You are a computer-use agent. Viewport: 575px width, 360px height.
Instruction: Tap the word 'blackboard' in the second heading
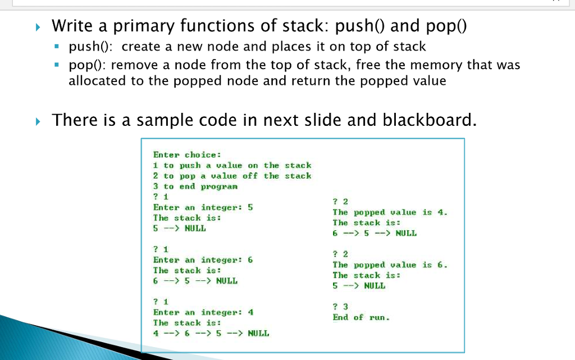click(x=428, y=120)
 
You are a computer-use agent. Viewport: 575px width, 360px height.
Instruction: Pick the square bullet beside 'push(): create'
click(x=57, y=47)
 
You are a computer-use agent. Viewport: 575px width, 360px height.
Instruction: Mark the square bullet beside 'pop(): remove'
click(x=57, y=65)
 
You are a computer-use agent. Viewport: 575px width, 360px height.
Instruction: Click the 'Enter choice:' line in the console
click(x=187, y=154)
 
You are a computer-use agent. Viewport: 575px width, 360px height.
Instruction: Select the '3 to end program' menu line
click(x=195, y=186)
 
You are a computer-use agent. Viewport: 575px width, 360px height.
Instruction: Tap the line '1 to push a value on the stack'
click(x=232, y=165)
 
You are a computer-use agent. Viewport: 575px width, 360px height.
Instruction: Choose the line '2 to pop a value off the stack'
click(x=232, y=176)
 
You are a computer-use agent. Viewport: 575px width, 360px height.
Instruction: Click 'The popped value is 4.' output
click(x=390, y=212)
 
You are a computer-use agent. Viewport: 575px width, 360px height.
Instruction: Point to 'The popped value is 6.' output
click(x=390, y=265)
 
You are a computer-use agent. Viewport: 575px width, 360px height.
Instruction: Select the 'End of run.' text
click(x=360, y=317)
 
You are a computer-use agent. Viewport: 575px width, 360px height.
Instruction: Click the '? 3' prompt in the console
click(x=340, y=307)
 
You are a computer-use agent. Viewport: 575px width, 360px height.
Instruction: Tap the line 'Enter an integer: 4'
click(x=203, y=312)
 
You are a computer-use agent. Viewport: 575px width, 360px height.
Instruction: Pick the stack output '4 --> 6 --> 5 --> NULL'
click(x=211, y=333)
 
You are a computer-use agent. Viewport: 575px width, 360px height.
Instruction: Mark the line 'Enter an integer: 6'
click(x=203, y=259)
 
